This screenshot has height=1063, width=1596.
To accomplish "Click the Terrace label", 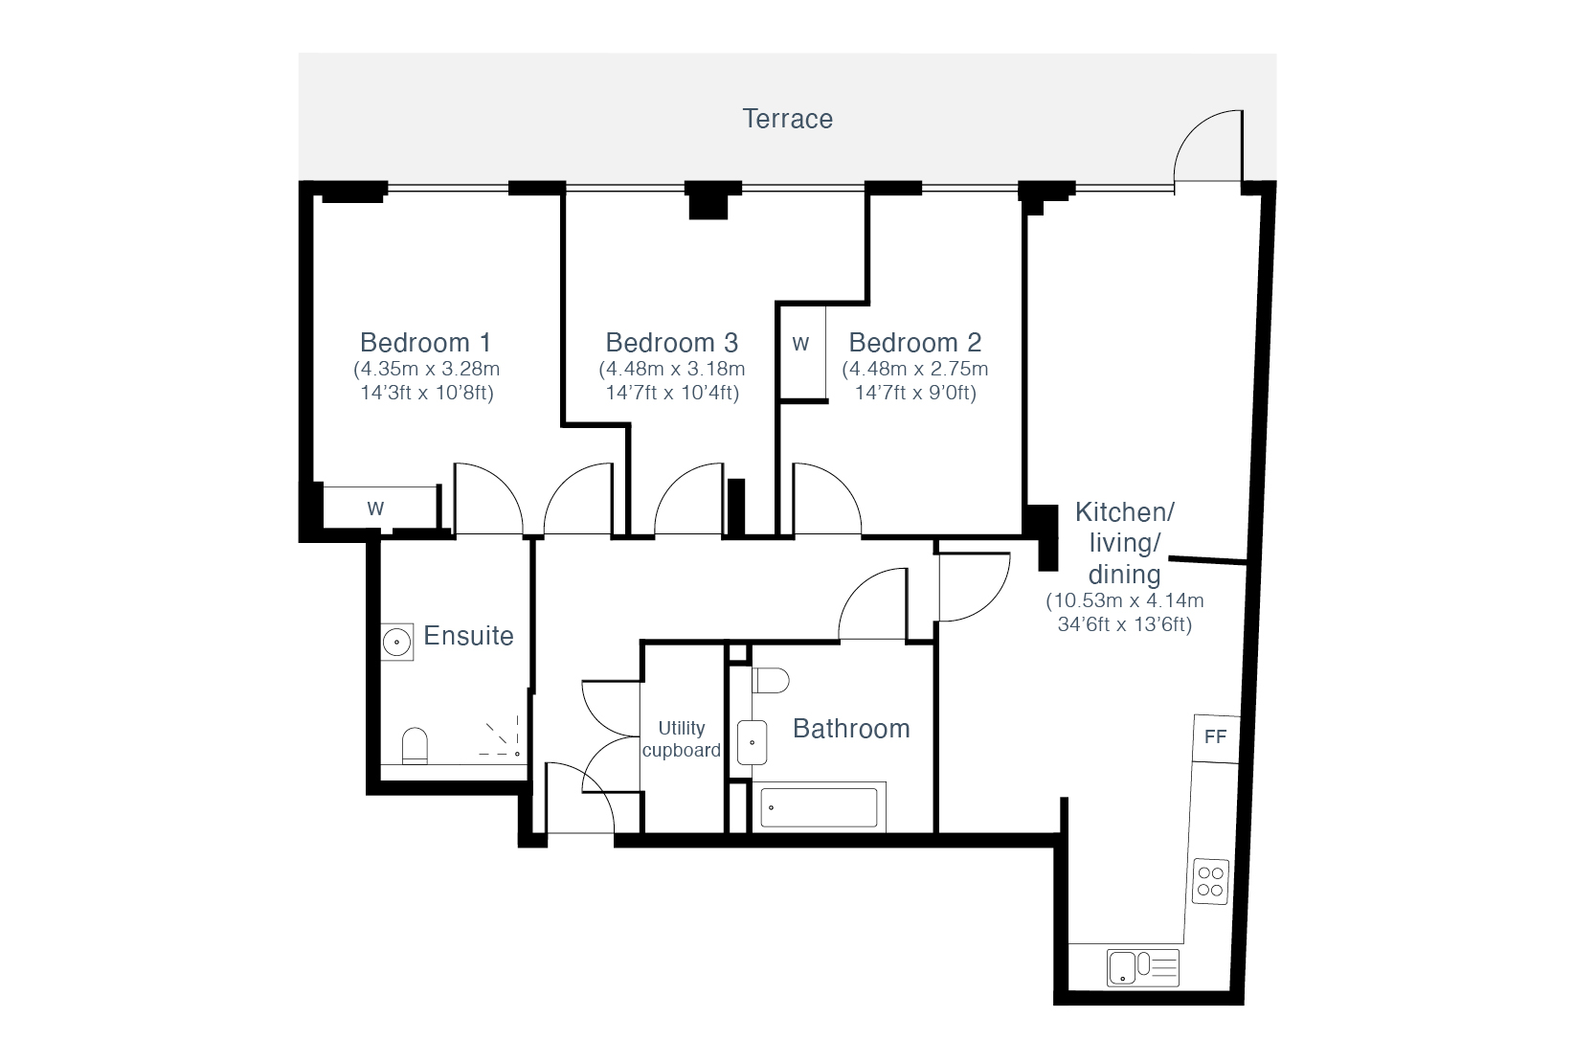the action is tap(787, 119).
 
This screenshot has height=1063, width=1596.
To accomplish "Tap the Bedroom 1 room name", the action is tap(426, 343).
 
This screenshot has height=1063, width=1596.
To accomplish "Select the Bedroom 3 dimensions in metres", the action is tap(672, 369).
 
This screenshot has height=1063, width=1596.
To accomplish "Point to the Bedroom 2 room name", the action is tap(915, 343).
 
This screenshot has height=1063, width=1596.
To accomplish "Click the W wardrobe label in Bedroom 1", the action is tap(375, 508).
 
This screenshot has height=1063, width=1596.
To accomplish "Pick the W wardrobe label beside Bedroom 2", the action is tap(800, 344).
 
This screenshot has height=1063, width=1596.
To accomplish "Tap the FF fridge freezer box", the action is tap(1216, 738).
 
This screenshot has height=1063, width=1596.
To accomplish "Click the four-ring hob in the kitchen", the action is tap(1210, 881).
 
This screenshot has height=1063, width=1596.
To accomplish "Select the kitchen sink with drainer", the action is tap(1143, 967).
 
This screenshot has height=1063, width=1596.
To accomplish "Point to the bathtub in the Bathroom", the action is tap(820, 807).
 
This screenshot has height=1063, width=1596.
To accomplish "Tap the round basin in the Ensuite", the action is tap(397, 643).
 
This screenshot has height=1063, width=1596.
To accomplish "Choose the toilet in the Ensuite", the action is tap(415, 746).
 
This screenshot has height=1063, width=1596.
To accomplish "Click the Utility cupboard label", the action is tap(681, 738).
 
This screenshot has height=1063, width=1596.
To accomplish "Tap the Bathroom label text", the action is tap(851, 729).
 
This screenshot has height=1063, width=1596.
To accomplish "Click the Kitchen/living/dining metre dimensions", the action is tap(1125, 600).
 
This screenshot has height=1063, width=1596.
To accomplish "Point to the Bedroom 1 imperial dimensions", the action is tap(427, 393).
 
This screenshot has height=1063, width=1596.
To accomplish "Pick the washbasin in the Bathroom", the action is tap(752, 742).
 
